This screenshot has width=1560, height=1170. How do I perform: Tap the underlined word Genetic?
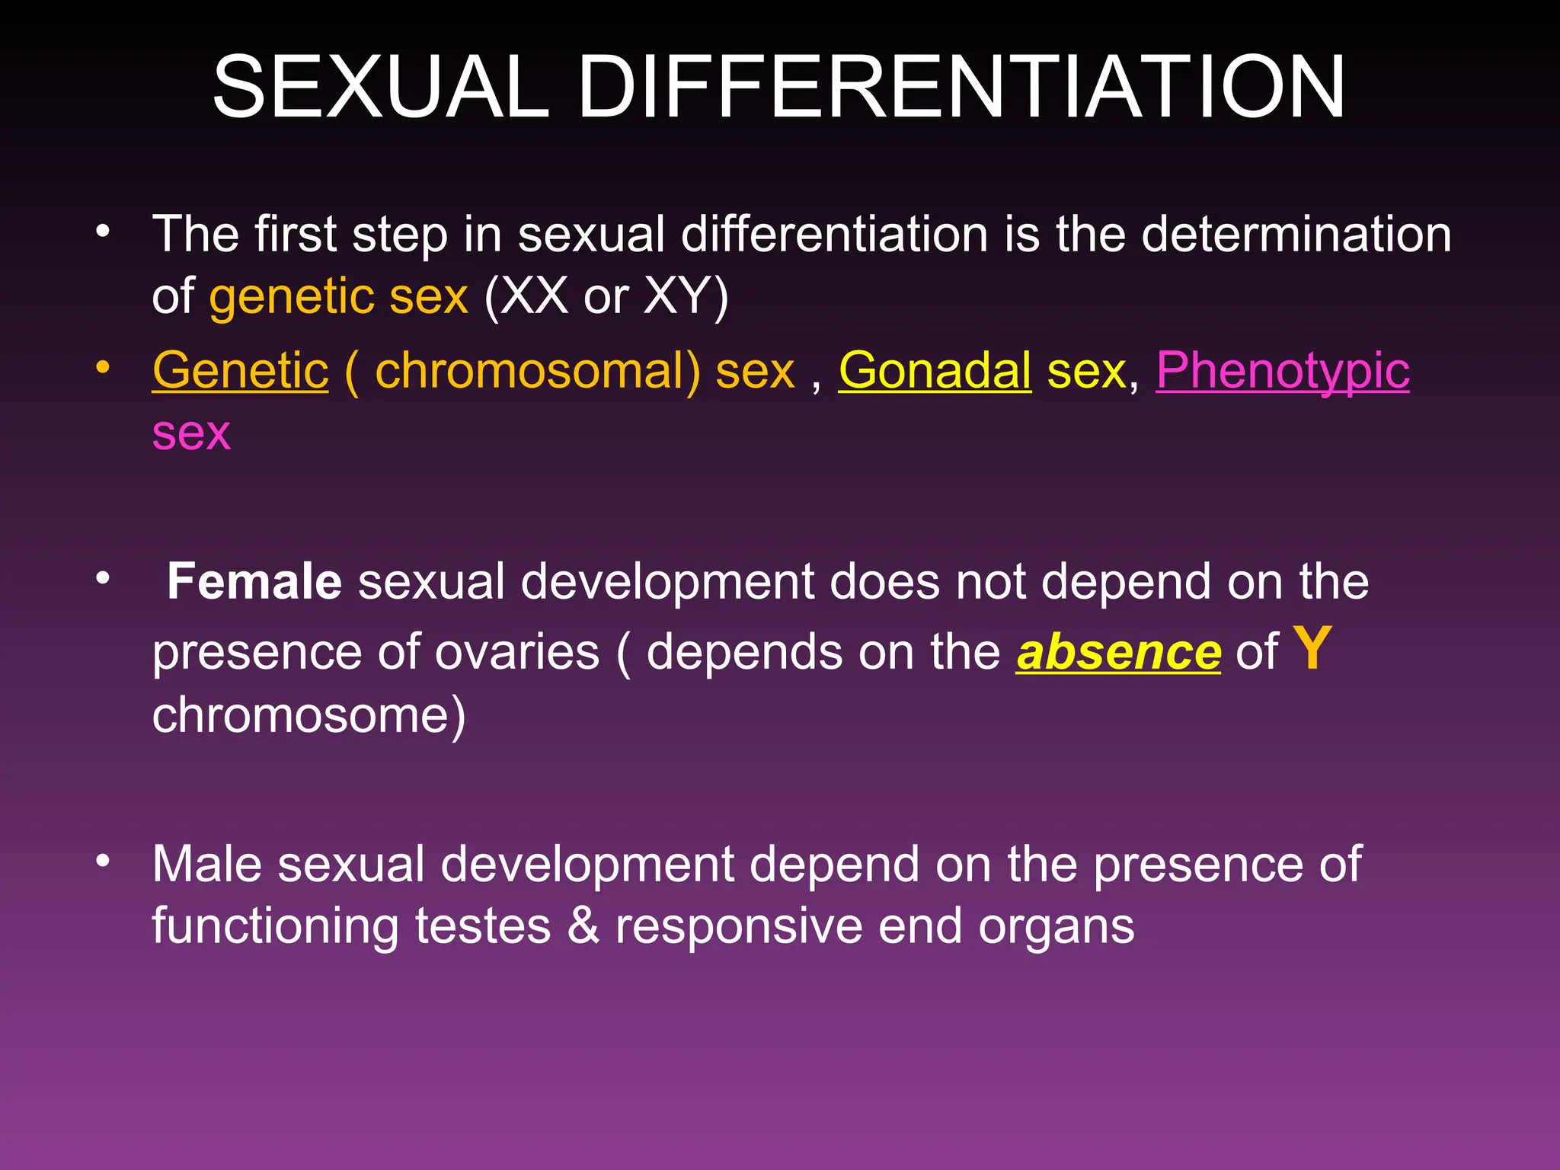240,371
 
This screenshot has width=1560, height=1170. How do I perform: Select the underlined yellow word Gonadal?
935,371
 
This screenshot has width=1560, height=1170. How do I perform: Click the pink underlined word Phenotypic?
1283,371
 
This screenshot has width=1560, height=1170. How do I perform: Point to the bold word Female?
254,582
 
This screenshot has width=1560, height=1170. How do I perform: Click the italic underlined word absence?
1118,653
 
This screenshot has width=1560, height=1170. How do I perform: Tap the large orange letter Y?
1312,649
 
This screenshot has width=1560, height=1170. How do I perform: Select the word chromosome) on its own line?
308,715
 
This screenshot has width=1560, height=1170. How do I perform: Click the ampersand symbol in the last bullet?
583,926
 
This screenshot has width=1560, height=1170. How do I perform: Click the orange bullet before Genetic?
104,368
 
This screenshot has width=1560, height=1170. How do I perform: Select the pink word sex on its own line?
191,433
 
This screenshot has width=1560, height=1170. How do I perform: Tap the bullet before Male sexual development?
104,862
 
